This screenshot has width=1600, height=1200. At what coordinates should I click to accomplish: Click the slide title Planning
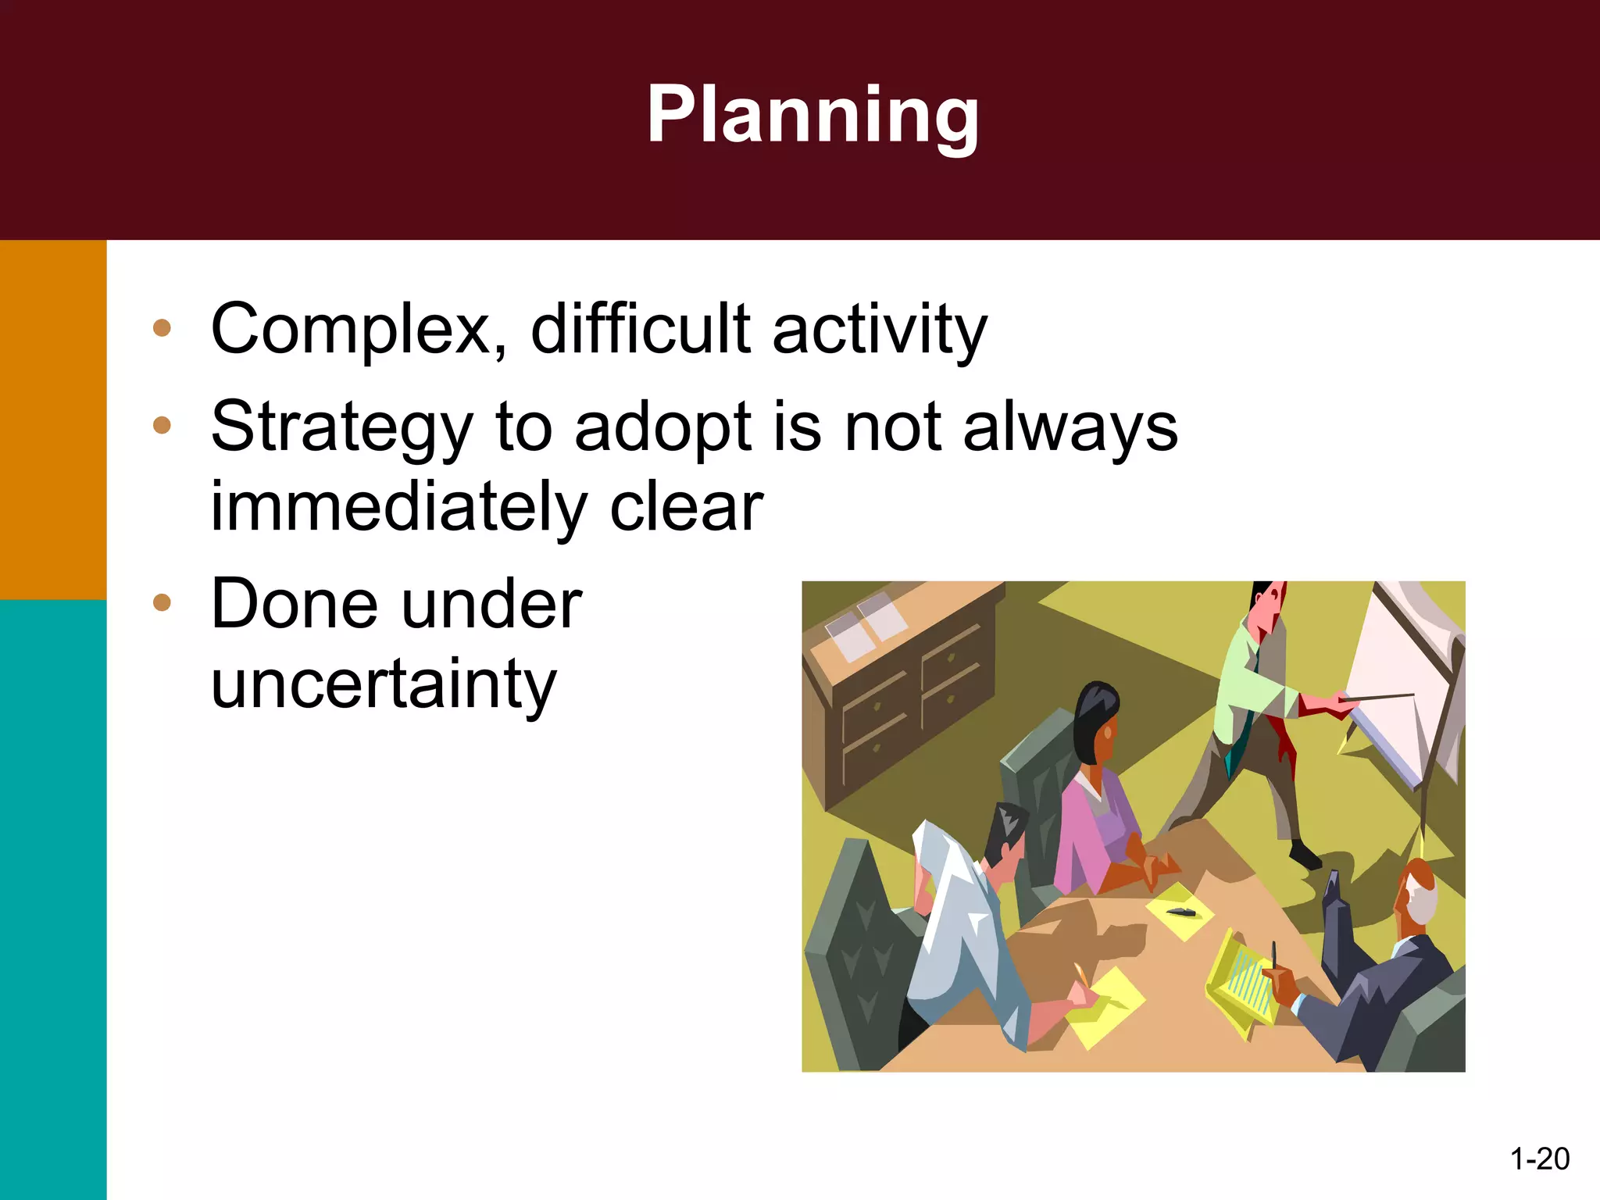point(812,116)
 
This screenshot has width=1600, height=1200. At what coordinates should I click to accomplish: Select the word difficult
point(641,330)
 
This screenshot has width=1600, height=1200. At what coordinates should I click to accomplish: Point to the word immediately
point(398,508)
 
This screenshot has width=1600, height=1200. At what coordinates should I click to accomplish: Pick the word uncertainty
point(383,684)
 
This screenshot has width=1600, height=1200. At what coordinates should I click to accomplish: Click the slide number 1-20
point(1539,1159)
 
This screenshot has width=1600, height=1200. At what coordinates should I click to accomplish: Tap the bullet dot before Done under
point(162,602)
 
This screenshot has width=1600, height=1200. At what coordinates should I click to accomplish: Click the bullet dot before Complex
point(162,327)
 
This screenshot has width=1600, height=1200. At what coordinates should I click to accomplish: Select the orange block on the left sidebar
point(52,419)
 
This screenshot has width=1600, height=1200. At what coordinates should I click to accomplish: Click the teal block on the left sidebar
point(52,898)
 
